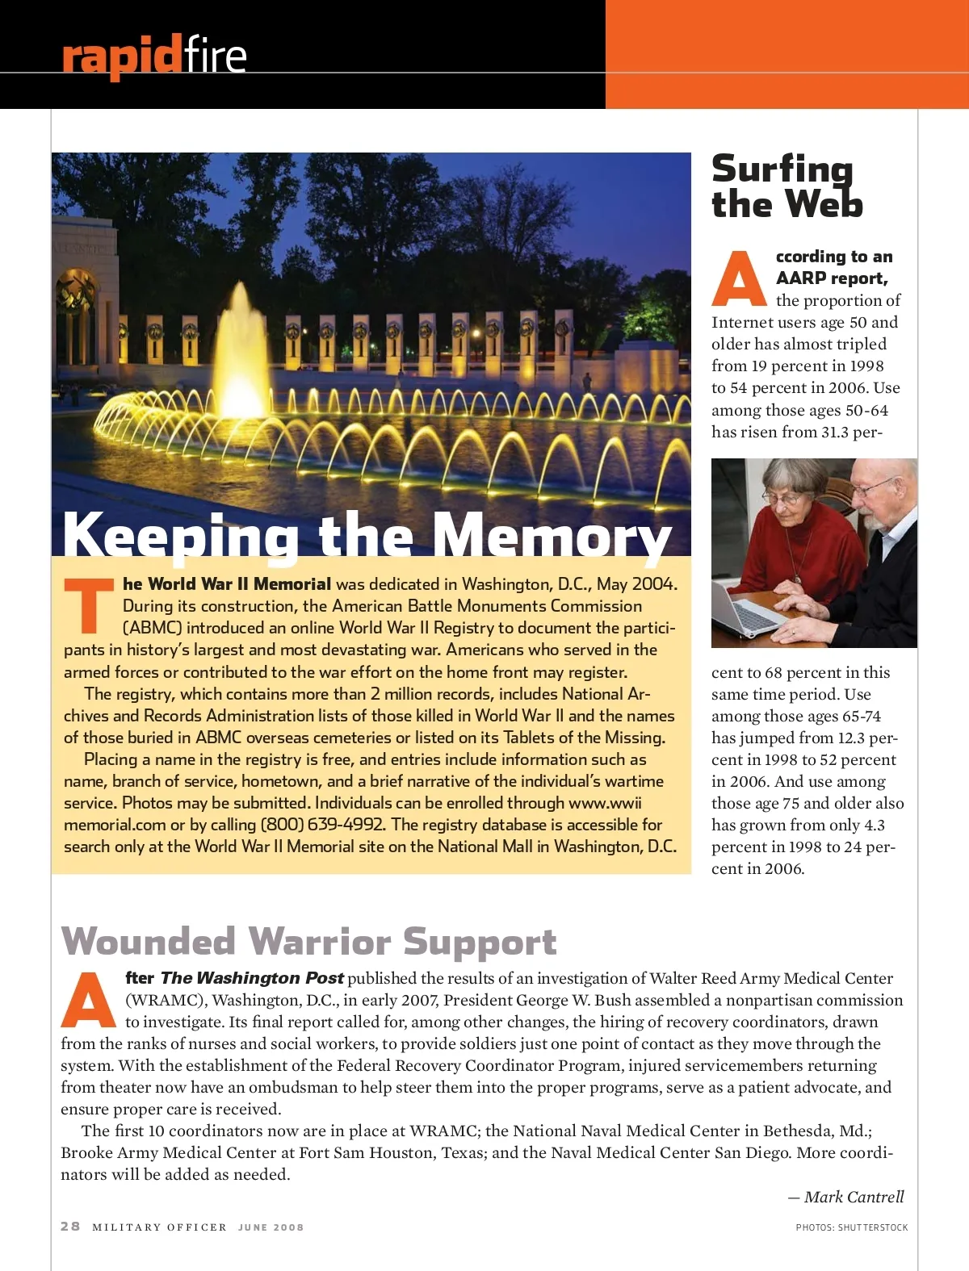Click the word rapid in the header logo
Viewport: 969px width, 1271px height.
tap(121, 56)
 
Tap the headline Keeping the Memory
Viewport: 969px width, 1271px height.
tap(367, 534)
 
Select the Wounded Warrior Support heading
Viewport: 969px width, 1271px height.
tap(308, 941)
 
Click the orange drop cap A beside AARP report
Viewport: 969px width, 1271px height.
tap(739, 279)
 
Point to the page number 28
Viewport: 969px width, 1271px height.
tap(70, 1226)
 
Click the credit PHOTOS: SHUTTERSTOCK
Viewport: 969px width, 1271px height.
tap(851, 1227)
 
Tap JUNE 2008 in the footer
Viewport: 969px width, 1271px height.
tap(271, 1227)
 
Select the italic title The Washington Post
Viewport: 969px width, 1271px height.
tap(252, 978)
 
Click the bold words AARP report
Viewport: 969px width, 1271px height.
tap(832, 278)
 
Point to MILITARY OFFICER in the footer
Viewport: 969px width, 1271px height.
tap(159, 1227)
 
